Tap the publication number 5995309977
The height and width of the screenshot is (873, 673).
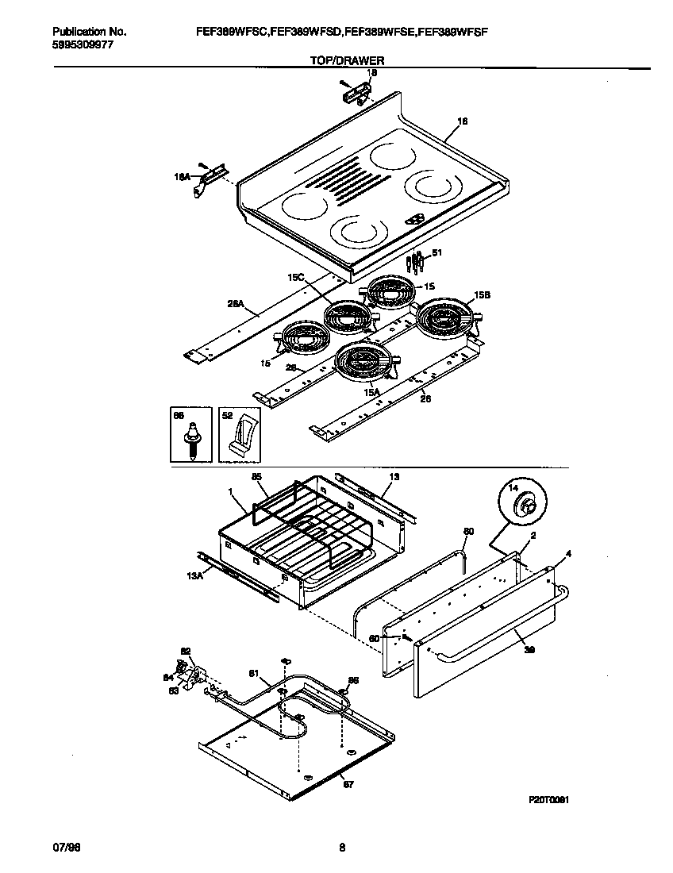pos(81,45)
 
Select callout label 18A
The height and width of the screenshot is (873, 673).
pos(183,178)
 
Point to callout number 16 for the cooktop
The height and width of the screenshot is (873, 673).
pos(463,121)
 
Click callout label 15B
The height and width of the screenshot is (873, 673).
pos(482,294)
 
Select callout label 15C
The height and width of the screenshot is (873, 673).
pos(295,278)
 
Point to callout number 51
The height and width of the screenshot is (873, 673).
pos(436,253)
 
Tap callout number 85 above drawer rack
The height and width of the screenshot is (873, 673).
pos(256,477)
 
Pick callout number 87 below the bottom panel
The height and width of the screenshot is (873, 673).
pos(347,784)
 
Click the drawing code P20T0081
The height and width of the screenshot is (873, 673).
pos(548,801)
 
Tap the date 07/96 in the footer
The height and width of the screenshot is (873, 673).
pos(67,848)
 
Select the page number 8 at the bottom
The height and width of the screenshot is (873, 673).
pos(342,848)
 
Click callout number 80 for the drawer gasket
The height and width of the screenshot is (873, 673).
pos(468,531)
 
